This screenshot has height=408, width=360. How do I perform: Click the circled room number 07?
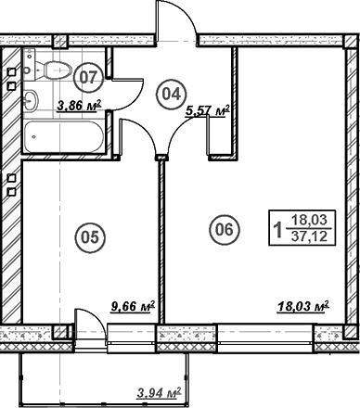pyautogui.click(x=88, y=73)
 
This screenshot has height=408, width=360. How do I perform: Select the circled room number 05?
pyautogui.click(x=88, y=237)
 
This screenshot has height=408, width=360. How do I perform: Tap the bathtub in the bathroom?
pyautogui.click(x=66, y=138)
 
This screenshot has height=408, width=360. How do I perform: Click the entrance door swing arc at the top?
pyautogui.click(x=175, y=20)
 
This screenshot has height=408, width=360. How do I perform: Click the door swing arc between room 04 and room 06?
pyautogui.click(x=179, y=139)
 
